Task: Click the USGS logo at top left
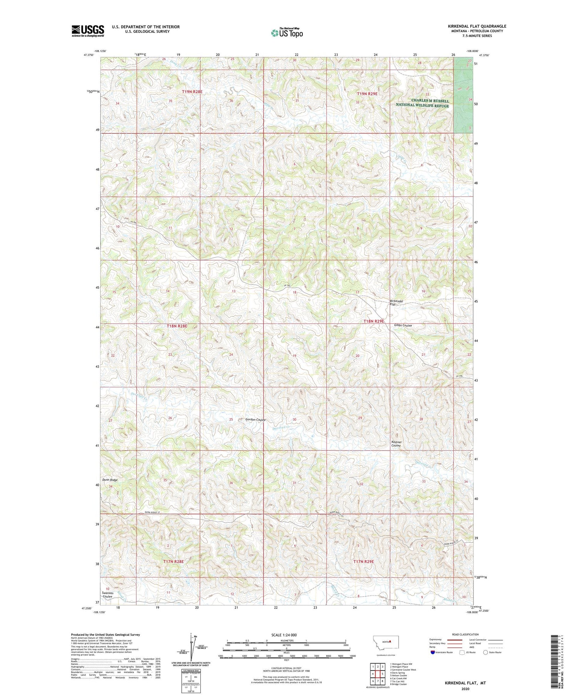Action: (88, 31)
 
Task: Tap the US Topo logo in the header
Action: (287, 33)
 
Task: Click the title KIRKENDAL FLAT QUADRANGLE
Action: (477, 26)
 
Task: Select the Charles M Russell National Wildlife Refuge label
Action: (422, 103)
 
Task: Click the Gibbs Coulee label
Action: (403, 326)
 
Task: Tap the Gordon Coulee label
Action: (255, 419)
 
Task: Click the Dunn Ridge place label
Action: (110, 480)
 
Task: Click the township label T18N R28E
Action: (177, 326)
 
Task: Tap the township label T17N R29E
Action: (364, 562)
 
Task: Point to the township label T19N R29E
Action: (367, 94)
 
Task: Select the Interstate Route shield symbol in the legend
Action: (432, 652)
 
